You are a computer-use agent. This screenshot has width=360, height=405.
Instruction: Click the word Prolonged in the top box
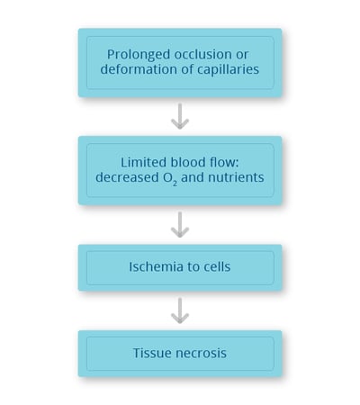pos(139,55)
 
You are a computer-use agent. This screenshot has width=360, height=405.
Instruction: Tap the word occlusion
pos(202,54)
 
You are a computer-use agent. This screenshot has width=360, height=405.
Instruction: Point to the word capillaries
pos(228,70)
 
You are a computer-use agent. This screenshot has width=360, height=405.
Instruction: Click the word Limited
pos(144,162)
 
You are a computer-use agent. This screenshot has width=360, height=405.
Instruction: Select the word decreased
pos(127,177)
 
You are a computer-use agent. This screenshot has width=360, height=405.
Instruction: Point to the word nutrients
pos(236,177)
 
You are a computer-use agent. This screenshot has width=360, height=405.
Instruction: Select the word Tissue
pos(152,353)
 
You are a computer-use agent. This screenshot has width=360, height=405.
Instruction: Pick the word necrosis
pos(201,354)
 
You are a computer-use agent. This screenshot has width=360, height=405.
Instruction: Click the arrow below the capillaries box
pos(180,116)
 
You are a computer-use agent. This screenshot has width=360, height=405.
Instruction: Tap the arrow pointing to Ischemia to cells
pos(180,225)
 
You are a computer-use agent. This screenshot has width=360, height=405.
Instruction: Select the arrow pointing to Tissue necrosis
pos(180,310)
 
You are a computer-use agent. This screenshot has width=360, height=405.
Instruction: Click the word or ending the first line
pos(242,55)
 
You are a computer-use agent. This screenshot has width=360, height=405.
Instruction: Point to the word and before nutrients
pos(193,177)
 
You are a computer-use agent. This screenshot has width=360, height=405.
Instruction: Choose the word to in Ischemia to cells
pos(190,267)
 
